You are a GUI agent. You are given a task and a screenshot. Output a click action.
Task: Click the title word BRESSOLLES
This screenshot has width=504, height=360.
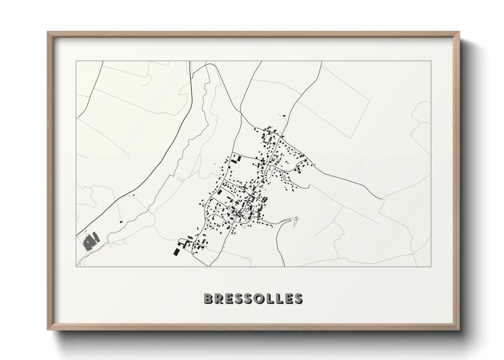pyautogui.click(x=252, y=298)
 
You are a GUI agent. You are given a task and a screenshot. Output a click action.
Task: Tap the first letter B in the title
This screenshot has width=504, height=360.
pyautogui.click(x=208, y=298)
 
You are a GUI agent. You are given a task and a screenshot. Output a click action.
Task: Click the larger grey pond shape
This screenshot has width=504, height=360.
pyautogui.click(x=89, y=242)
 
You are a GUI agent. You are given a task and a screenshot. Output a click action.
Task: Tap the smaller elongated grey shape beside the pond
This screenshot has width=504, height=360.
pyautogui.click(x=97, y=235)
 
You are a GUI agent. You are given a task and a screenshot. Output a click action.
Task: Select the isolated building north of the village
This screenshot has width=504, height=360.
pyautogui.click(x=284, y=116)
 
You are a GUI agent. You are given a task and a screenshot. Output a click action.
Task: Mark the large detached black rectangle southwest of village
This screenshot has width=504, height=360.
pyautogui.click(x=176, y=251)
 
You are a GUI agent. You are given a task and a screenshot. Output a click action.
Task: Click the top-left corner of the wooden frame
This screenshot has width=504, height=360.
pyautogui.click(x=48, y=32)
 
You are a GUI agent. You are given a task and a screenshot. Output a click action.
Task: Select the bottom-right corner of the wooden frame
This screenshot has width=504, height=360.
pyautogui.click(x=459, y=330)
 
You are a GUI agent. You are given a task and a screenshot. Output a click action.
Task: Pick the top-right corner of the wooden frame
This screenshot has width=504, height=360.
pyautogui.click(x=459, y=32)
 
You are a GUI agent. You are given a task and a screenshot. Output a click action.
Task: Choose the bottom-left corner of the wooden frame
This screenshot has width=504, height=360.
pyautogui.click(x=48, y=330)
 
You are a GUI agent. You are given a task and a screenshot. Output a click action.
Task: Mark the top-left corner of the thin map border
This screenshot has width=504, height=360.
pyautogui.click(x=76, y=61)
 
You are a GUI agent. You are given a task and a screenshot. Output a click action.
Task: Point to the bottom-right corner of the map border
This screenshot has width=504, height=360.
pyautogui.click(x=431, y=267)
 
